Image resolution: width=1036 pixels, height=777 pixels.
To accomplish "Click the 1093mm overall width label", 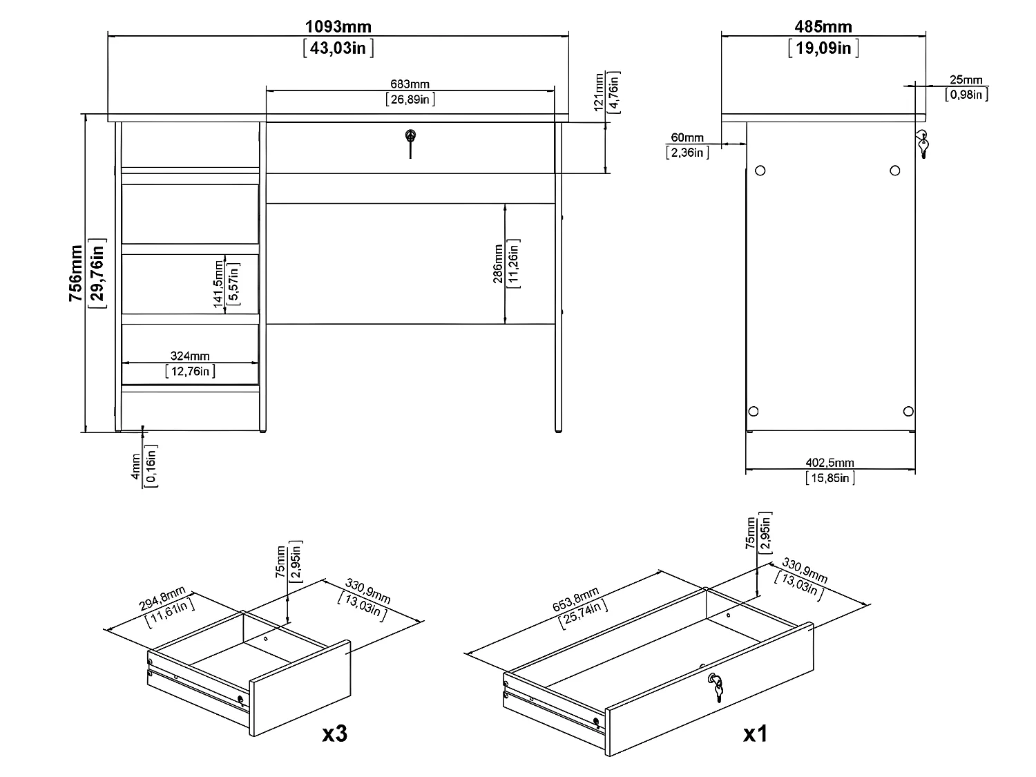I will click(338, 27).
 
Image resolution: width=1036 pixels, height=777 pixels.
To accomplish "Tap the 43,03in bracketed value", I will click(338, 48).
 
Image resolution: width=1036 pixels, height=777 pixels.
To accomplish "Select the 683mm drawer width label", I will click(410, 84).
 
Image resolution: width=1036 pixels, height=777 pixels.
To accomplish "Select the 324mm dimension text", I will click(190, 356).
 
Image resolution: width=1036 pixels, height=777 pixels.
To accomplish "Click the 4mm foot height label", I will click(136, 467).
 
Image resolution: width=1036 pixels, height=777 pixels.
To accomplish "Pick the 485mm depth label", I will click(823, 27).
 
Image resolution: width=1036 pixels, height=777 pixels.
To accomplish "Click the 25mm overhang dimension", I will click(966, 80).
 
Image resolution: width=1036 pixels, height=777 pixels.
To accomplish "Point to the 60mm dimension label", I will click(687, 138).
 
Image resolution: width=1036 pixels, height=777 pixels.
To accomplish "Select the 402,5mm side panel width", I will click(830, 463).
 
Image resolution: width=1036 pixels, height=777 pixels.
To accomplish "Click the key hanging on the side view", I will click(923, 144).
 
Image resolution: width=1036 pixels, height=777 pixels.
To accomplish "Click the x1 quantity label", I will click(756, 734).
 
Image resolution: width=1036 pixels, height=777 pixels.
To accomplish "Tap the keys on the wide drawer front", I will click(716, 687).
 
